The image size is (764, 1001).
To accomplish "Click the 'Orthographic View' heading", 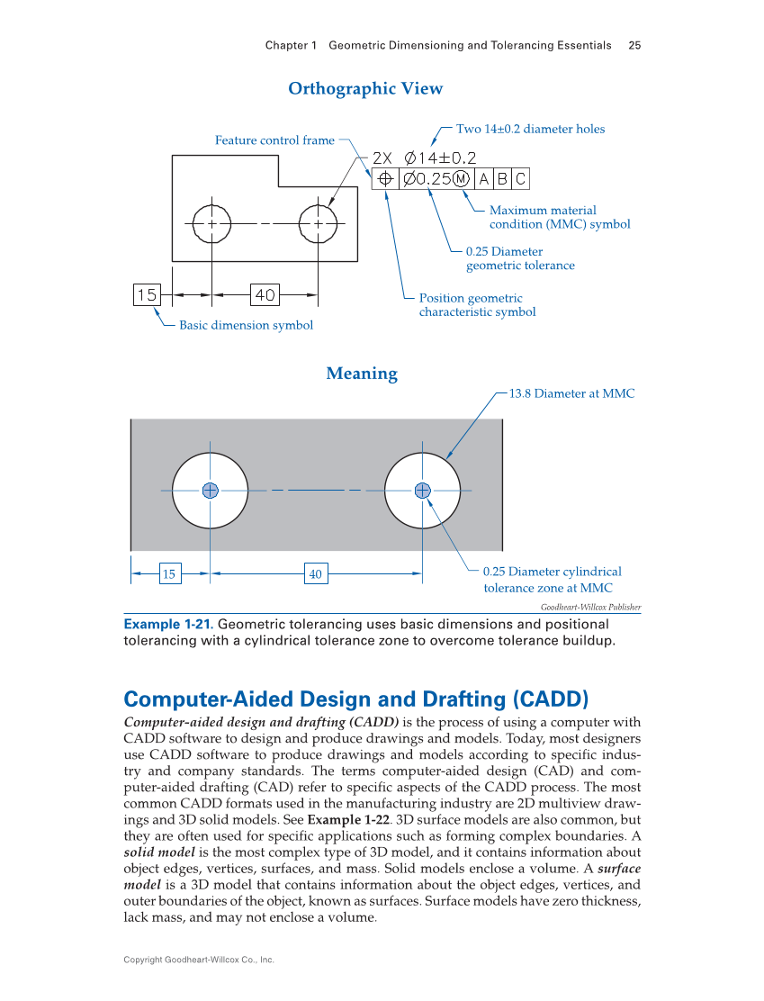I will click(365, 88).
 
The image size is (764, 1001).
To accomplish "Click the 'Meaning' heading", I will click(362, 374).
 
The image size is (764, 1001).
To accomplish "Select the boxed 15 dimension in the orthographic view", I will click(147, 294).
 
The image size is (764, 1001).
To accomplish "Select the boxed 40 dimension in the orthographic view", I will click(265, 294).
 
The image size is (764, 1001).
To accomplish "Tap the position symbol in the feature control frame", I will click(384, 179).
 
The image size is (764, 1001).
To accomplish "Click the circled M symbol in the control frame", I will click(462, 179).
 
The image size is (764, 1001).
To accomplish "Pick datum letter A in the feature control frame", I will click(484, 179).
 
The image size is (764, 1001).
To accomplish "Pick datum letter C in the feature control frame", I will click(520, 179).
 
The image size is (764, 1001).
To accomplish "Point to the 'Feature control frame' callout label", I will click(274, 140).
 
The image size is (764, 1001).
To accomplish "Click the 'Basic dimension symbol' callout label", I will click(246, 325).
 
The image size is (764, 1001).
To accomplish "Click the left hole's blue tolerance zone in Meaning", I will click(211, 490).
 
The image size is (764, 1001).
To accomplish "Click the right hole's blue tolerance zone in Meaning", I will click(422, 490).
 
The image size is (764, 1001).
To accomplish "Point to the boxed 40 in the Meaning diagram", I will click(315, 573).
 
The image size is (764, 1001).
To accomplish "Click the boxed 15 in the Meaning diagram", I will click(168, 573).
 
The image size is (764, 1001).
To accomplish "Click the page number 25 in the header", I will click(634, 45).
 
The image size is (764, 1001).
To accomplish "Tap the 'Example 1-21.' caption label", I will click(168, 625).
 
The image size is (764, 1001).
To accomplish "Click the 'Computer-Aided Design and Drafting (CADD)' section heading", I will click(355, 699).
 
